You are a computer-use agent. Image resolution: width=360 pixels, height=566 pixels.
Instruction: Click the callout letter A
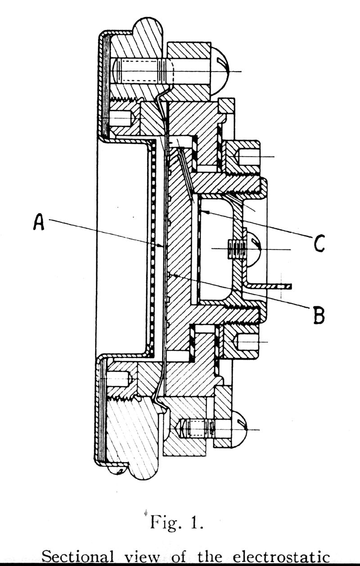click(x=39, y=222)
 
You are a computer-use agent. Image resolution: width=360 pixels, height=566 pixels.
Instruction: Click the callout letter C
click(x=319, y=243)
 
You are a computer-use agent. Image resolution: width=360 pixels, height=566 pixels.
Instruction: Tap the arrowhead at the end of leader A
click(x=160, y=245)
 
